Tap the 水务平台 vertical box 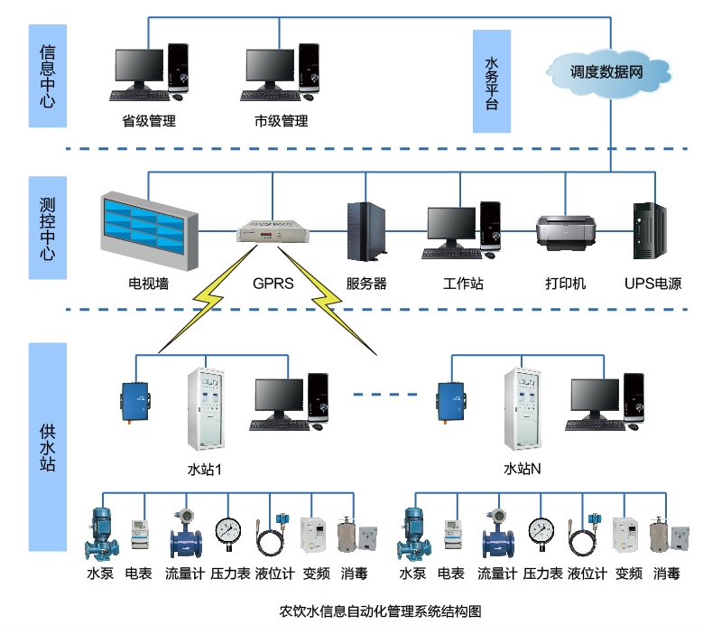(492, 81)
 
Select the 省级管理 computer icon (150, 72)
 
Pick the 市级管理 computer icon (282, 72)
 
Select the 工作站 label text (463, 284)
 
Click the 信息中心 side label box (48, 74)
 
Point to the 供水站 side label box (48, 446)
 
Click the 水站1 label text (204, 470)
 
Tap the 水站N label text (522, 470)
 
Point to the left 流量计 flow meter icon (186, 535)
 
